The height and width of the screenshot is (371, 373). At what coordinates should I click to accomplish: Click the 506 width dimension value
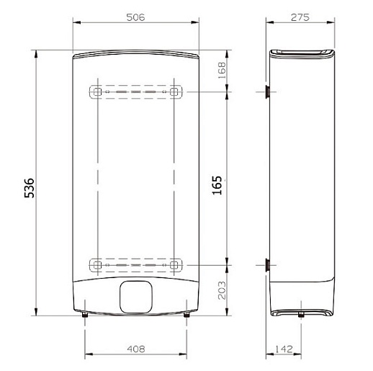(x=135, y=17)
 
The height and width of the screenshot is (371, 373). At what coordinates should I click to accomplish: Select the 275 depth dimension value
(x=300, y=17)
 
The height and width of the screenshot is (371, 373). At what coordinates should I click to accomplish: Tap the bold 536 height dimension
(x=30, y=188)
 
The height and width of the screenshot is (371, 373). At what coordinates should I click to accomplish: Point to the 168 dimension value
(x=222, y=70)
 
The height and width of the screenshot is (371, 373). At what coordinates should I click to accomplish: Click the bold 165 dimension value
(x=217, y=185)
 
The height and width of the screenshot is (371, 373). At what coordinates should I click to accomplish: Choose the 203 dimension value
(x=222, y=290)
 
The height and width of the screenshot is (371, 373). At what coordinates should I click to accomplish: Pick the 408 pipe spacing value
(x=136, y=349)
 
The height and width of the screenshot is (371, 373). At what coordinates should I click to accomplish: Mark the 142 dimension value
(x=284, y=349)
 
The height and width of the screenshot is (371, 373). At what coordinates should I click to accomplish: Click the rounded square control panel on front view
(x=136, y=297)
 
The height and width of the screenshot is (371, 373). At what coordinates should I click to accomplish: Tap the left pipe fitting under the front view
(x=85, y=314)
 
